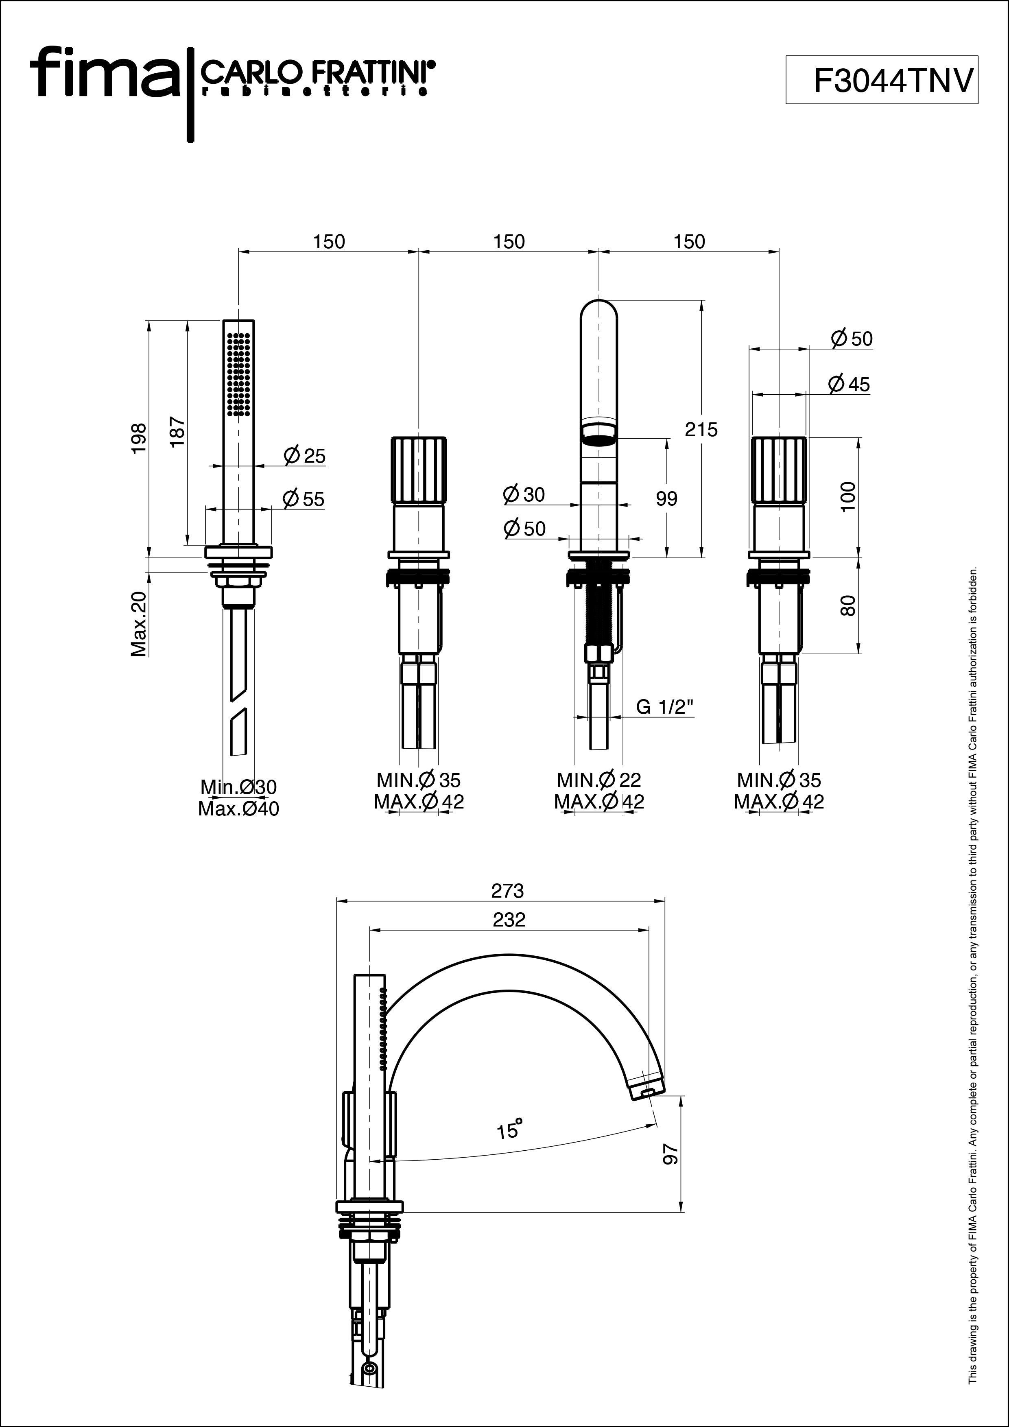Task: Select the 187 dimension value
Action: coord(177,431)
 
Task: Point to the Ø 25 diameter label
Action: coord(304,456)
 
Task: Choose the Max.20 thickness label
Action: coord(139,624)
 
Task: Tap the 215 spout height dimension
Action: coord(701,429)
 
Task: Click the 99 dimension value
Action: coord(667,498)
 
